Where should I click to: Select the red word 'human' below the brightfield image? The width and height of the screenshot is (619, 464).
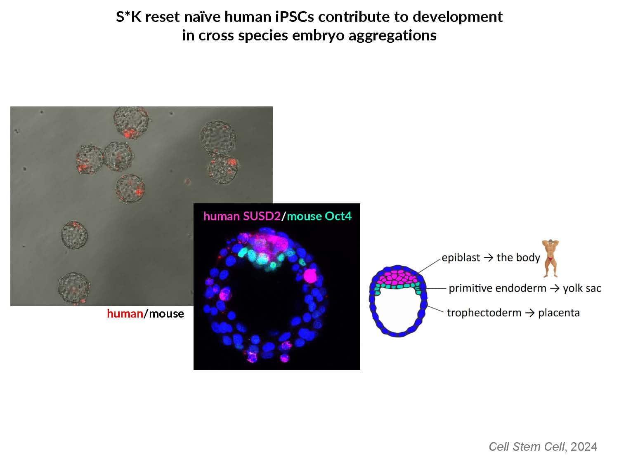pos(125,313)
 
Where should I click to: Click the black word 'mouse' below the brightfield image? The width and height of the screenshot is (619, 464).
pos(166,314)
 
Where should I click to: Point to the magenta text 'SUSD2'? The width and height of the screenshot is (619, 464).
pos(262,217)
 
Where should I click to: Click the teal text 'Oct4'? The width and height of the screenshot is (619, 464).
pos(338,217)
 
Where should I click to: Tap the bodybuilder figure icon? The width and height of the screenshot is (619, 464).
pos(550,258)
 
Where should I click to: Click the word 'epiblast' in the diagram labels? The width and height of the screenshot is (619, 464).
pos(461,258)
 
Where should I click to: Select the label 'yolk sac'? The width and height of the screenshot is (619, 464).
pos(582,288)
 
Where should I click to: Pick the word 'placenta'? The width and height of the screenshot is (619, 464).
pos(559,313)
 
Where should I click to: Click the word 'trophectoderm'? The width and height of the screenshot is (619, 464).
pos(484,313)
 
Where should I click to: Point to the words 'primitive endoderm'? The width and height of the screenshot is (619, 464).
pos(497,288)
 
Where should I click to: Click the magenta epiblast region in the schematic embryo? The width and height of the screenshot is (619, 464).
pos(398,278)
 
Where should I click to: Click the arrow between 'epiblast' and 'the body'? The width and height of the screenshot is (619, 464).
pos(488,258)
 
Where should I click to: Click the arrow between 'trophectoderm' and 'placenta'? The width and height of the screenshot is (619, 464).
pos(529,313)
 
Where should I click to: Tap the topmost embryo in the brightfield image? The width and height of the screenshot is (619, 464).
pos(131,122)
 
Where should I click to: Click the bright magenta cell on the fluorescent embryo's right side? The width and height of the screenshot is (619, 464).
pos(310,276)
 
